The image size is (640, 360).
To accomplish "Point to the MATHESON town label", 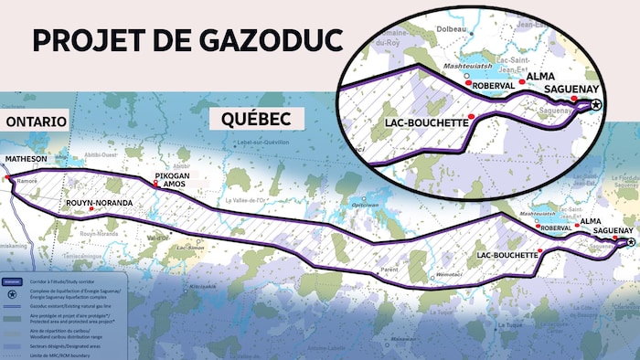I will [x=26, y=159].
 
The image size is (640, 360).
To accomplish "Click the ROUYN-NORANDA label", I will [x=100, y=202].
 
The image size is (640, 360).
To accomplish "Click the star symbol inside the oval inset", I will [x=595, y=106].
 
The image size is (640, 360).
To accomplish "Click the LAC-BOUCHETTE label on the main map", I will [x=507, y=255].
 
